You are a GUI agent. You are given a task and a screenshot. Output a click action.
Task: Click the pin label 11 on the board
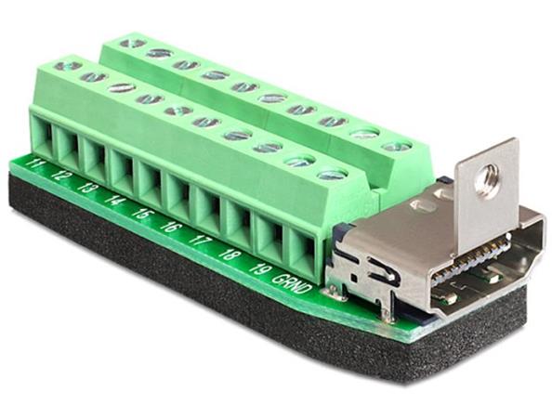click(x=38, y=166)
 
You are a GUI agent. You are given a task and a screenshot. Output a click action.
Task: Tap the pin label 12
click(x=63, y=175)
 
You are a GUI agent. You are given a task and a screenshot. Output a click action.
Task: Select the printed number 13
click(x=87, y=187)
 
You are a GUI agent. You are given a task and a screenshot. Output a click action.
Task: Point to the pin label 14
click(x=113, y=198)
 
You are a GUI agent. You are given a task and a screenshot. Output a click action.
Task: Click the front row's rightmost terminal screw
click(x=331, y=174)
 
